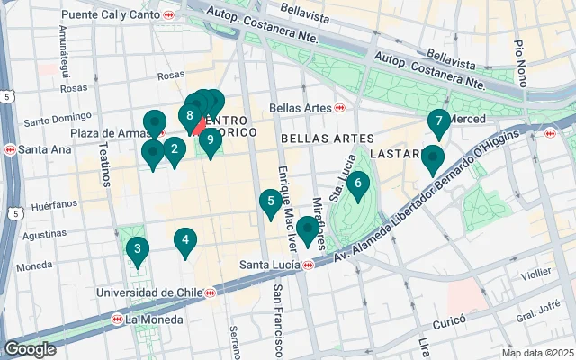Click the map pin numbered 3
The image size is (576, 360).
[x=137, y=249]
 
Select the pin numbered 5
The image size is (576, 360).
[x=268, y=202]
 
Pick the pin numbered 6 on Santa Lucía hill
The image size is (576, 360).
[x=358, y=184]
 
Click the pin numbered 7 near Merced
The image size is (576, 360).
[x=438, y=121]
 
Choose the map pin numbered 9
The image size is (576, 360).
[x=210, y=139]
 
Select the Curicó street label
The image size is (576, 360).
[x=447, y=320]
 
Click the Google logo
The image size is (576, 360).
[x=30, y=349]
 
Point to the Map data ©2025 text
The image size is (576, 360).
[x=536, y=352]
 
